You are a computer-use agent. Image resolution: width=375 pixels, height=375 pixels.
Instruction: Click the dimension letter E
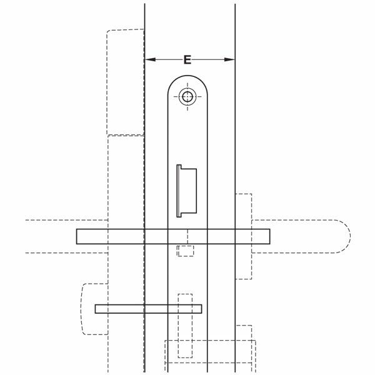187,59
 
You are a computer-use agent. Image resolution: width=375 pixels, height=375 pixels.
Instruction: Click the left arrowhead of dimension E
150,59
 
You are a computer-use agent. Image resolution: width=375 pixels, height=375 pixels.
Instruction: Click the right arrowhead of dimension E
229,59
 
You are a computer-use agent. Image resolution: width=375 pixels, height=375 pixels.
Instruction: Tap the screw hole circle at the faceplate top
187,97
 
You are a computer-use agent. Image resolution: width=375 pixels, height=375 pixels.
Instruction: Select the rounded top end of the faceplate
187,76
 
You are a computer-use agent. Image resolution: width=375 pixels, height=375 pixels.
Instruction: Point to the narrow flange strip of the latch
179,191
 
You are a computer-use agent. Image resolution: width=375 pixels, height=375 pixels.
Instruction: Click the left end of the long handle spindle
77,236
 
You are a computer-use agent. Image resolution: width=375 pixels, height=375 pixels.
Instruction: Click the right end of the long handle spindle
270,236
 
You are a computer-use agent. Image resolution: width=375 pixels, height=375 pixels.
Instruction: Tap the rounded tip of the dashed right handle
351,236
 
